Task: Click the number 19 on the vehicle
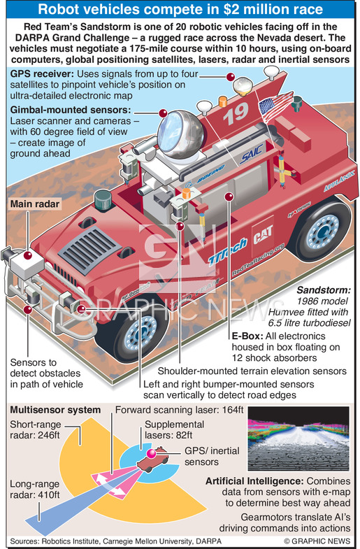[236, 113]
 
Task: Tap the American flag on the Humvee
[276, 104]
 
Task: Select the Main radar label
[35, 204]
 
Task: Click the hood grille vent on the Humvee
[89, 249]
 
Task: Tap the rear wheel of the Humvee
[320, 229]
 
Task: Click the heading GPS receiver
[42, 74]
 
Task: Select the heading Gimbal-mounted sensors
[71, 110]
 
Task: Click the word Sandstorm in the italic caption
[323, 291]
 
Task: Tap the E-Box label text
[247, 336]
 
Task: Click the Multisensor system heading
[55, 410]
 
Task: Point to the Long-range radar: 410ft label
[35, 490]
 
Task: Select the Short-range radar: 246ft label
[36, 430]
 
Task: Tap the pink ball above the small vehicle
[152, 453]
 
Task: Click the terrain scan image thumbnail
[298, 439]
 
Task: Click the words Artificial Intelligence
[254, 481]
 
